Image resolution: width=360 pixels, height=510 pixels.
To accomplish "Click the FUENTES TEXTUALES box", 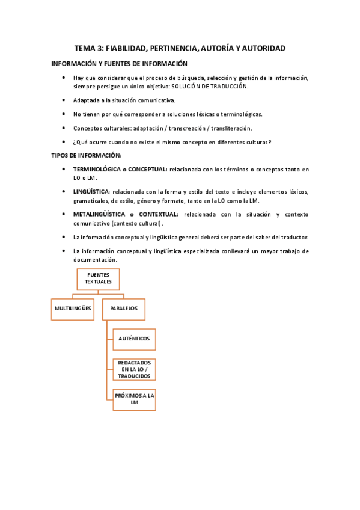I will (x=98, y=278).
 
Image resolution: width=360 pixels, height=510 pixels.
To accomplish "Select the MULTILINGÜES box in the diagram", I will (x=73, y=309).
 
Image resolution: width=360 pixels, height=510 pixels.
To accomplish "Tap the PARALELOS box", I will (x=123, y=309).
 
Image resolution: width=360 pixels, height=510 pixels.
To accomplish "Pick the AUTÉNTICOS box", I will (x=134, y=339).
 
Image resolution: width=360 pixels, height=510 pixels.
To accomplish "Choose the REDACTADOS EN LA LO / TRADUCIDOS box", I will (x=134, y=369).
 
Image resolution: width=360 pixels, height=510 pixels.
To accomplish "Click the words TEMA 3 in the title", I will (x=90, y=48).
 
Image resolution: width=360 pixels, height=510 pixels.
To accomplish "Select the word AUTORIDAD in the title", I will (x=260, y=48).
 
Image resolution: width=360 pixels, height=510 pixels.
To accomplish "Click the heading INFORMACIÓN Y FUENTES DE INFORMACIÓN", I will (x=119, y=64).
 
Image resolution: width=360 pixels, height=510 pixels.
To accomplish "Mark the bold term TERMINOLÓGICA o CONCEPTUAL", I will (x=120, y=170).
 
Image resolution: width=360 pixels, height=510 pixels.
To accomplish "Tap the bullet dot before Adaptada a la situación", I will (x=64, y=100).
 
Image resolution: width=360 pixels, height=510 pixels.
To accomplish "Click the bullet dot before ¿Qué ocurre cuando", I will (x=64, y=142).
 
